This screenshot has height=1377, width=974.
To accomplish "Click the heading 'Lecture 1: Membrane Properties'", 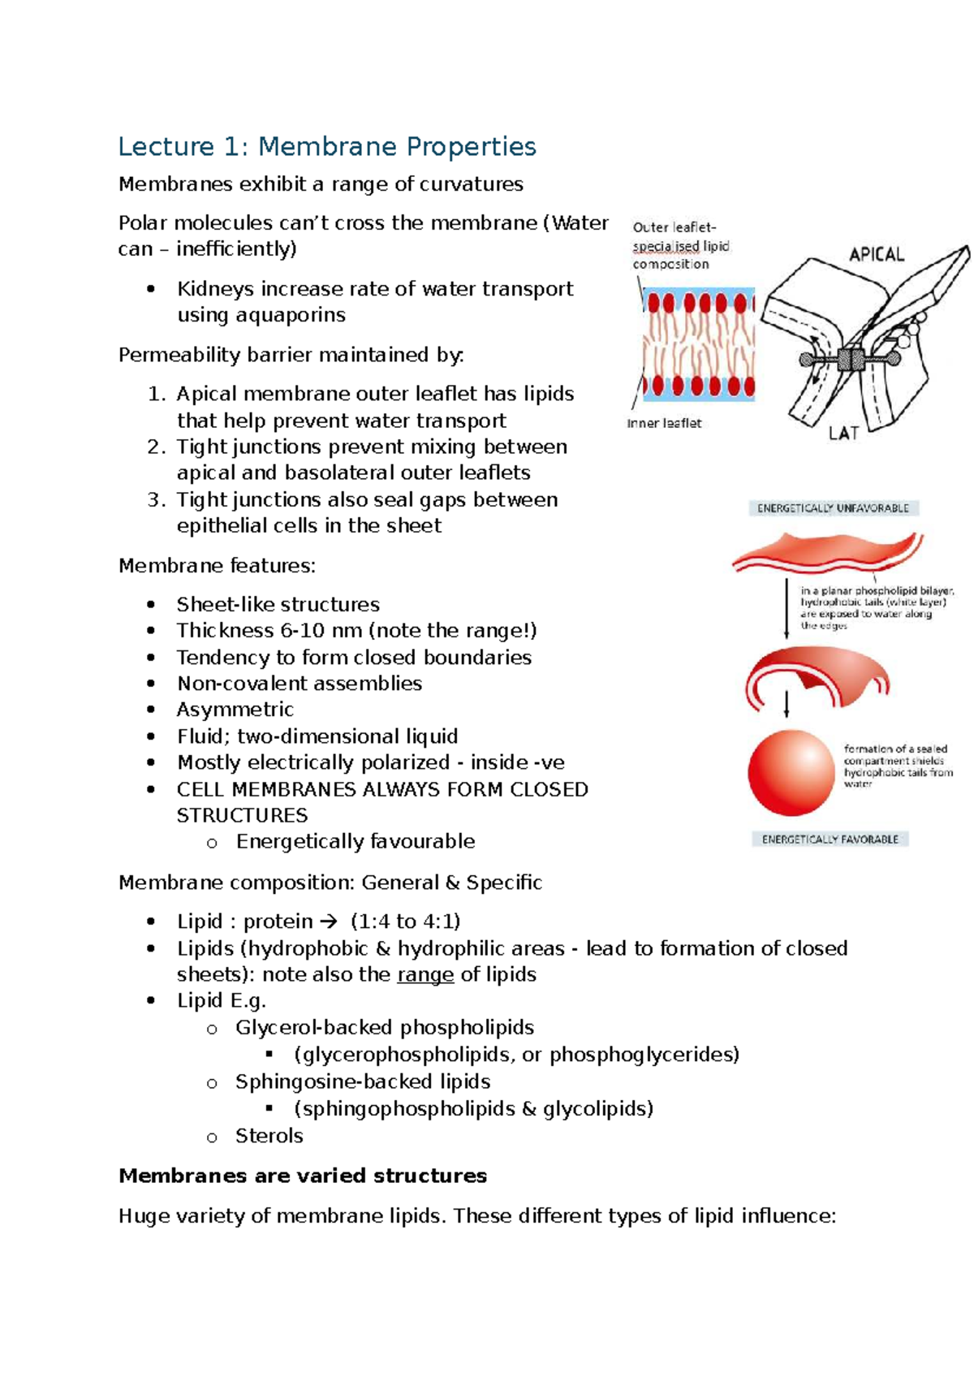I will pos(326,147).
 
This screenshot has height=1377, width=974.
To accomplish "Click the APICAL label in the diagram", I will pos(876,255).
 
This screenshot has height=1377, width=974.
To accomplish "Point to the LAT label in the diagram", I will pos(843,434).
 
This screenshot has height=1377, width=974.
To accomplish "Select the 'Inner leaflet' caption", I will pos(664,423).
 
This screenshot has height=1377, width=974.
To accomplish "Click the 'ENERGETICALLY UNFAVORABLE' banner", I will pos(833,508).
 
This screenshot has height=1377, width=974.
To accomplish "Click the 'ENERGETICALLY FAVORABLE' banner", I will pos(830,839).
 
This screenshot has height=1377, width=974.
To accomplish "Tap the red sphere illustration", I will pos(791,772).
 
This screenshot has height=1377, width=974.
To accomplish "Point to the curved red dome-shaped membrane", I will pos(816,674).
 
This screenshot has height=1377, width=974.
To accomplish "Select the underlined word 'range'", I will pos(425,974).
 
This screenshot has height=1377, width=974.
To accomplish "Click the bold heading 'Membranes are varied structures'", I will pos(303,1176).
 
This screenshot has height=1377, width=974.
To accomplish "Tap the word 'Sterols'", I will pos(269,1136).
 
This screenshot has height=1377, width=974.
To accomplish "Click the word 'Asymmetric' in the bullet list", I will pos(235,710).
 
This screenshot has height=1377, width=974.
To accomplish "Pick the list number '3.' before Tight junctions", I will pos(157,499).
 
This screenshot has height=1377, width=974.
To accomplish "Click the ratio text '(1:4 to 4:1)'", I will pos(405,922).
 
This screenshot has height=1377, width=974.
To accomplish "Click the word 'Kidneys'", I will pos(215,289).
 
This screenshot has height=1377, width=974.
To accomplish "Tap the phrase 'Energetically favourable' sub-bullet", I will pos(355,841).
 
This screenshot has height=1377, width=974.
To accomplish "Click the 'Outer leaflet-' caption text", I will pos(674,228).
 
